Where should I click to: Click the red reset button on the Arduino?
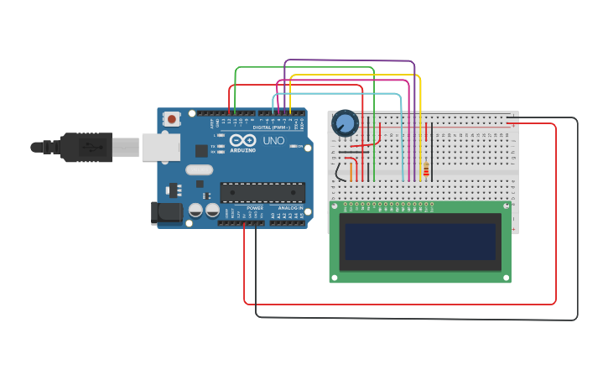pos(172,119)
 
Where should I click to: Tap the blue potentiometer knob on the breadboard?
pos(345,124)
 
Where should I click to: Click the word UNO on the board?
pos(273,141)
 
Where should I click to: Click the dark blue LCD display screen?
pos(419,242)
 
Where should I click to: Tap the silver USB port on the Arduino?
pos(159,148)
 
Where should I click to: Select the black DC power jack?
pos(165,213)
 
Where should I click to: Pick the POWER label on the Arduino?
pos(255,208)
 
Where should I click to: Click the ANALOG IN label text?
pos(289,208)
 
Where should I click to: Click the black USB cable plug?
pos(84,147)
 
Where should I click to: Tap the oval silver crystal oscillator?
pos(200,170)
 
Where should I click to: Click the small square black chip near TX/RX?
pos(201,151)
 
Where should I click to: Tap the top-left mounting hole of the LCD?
pos(335,206)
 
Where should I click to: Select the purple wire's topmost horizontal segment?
pos(350,60)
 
